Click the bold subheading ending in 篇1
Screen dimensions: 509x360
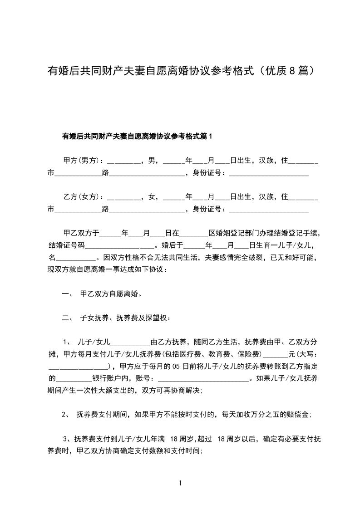point(138,136)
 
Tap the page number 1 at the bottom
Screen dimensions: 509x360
point(181,483)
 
